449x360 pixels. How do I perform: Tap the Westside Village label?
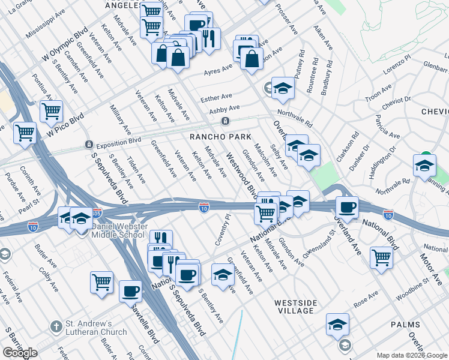(295, 307)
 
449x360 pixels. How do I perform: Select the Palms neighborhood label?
(406, 325)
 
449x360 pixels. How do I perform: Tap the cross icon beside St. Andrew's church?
(56, 327)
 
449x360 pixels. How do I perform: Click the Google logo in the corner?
(20, 353)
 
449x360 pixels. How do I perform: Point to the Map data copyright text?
(412, 355)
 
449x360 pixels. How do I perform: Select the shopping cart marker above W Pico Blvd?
(52, 111)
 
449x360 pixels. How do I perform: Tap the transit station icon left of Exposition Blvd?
(89, 145)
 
